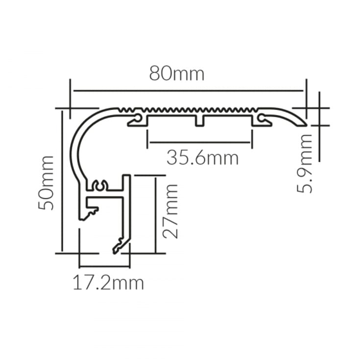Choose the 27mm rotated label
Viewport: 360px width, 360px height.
(170, 211)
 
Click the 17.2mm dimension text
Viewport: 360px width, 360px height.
(108, 283)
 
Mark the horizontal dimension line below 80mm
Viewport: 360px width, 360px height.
(188, 91)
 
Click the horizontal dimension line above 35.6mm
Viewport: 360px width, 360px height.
(200, 143)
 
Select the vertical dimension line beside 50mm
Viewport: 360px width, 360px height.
(62, 181)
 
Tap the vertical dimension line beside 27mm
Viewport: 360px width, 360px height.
(155, 215)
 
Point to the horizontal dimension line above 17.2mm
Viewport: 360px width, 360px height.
(104, 267)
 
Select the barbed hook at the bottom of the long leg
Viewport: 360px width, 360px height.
(119, 246)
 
